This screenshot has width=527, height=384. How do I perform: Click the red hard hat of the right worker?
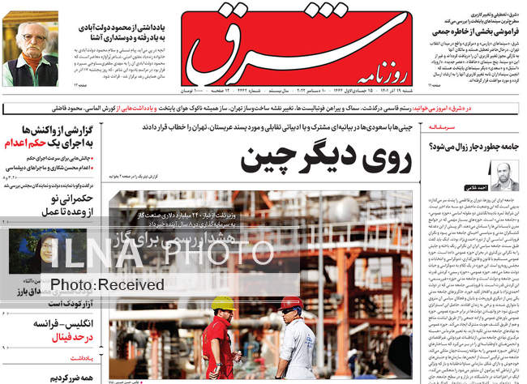tap(290, 304)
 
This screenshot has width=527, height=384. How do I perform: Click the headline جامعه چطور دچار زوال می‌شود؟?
tap(474, 147)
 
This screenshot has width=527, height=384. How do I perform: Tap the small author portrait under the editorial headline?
tap(502, 175)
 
